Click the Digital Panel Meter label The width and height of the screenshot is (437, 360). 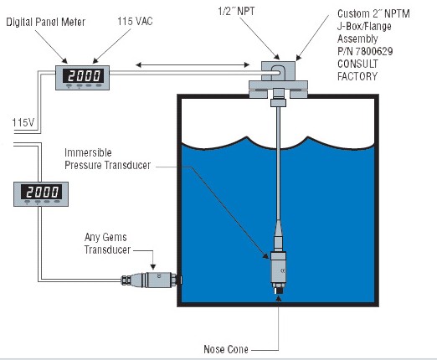click(46, 22)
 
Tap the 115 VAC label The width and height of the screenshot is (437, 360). click(135, 21)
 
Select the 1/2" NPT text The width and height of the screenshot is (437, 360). click(236, 11)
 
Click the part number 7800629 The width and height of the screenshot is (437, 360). click(374, 51)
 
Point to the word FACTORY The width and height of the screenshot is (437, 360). click(357, 76)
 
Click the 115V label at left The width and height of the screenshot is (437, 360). click(23, 122)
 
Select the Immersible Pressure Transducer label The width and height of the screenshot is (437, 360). click(107, 159)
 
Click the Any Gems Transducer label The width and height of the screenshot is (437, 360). click(107, 244)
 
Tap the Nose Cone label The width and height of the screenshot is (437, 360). click(226, 349)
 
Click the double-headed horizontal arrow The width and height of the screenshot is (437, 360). click(193, 65)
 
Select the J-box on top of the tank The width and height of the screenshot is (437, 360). click(278, 71)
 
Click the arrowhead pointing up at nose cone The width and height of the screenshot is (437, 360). click(279, 298)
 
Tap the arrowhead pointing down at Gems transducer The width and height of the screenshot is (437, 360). click(153, 267)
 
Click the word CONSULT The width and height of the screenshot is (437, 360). click(357, 64)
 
